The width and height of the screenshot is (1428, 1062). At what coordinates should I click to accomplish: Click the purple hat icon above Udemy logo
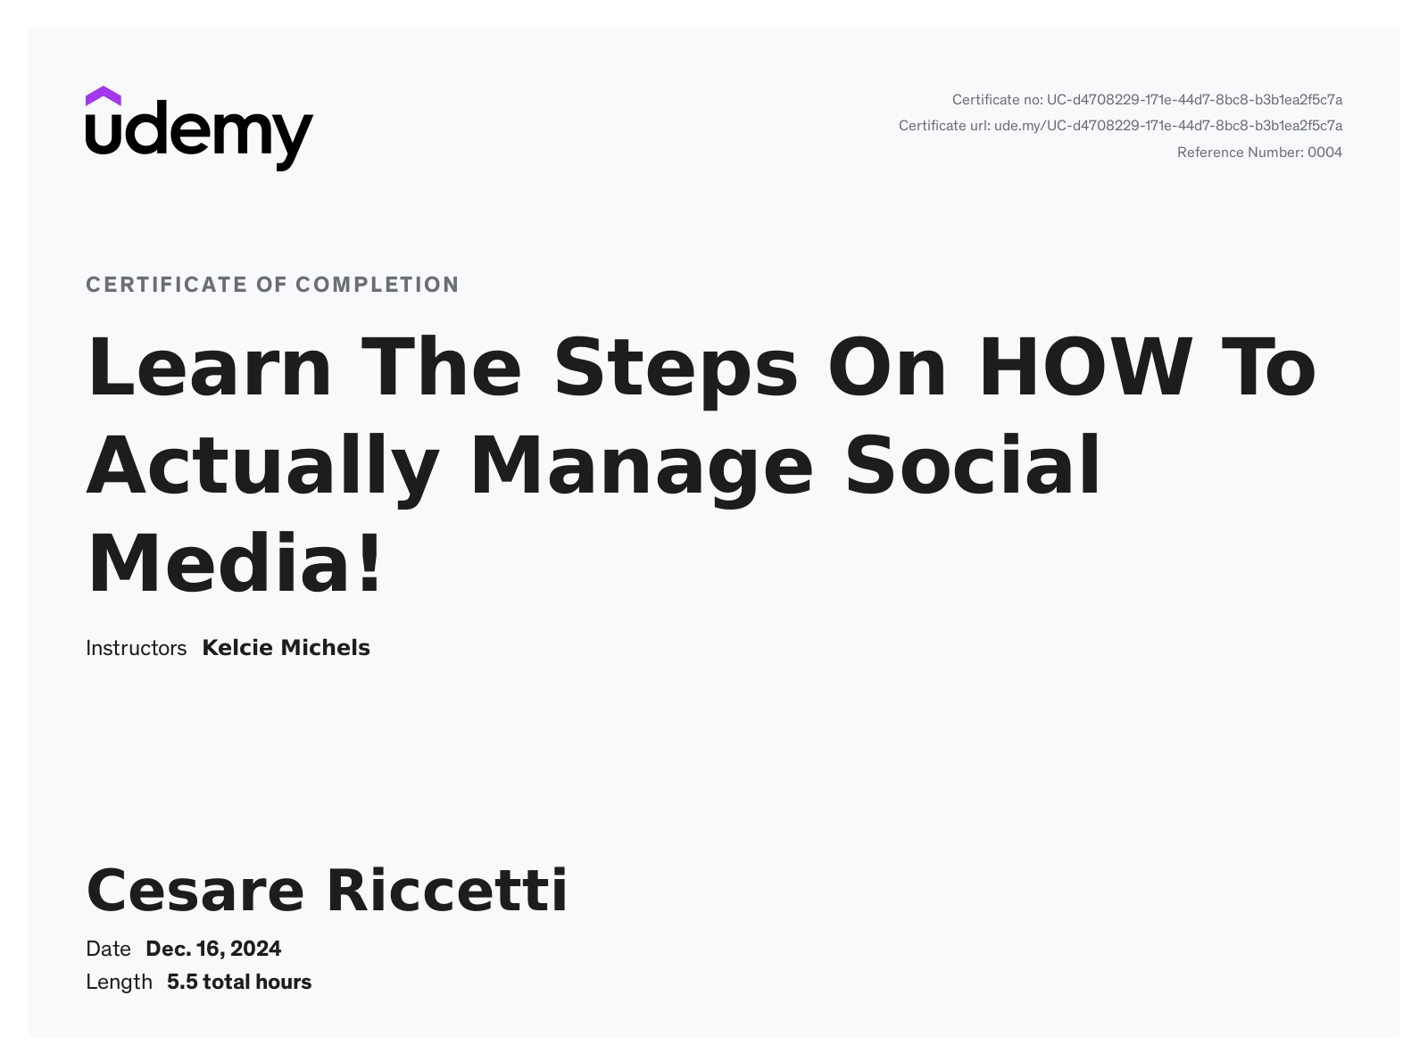pyautogui.click(x=103, y=96)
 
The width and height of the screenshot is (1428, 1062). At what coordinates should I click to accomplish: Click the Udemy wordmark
pyautogui.click(x=200, y=136)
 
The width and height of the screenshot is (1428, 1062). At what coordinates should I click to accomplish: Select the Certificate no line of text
pyautogui.click(x=1147, y=100)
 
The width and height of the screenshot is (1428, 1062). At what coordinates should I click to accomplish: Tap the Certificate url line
pyautogui.click(x=1120, y=126)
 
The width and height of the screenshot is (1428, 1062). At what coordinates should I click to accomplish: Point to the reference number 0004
pyautogui.click(x=1325, y=153)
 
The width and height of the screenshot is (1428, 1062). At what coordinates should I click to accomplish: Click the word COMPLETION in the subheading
pyautogui.click(x=378, y=285)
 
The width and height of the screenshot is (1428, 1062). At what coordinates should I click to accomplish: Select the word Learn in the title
pyautogui.click(x=209, y=367)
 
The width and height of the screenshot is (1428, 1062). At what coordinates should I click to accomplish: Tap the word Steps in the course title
pyautogui.click(x=676, y=370)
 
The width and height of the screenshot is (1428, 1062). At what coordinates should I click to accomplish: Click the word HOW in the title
pyautogui.click(x=1085, y=367)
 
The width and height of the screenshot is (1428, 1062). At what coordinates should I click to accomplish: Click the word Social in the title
pyautogui.click(x=972, y=465)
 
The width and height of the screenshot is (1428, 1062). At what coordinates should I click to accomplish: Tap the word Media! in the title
pyautogui.click(x=235, y=563)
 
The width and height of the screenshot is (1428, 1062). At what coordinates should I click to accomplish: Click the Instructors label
pyautogui.click(x=136, y=648)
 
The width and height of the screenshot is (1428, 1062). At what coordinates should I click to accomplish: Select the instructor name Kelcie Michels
pyautogui.click(x=286, y=647)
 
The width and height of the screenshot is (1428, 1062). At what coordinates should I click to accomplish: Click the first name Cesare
pyautogui.click(x=195, y=891)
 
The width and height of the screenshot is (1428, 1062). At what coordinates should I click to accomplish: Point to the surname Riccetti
pyautogui.click(x=447, y=890)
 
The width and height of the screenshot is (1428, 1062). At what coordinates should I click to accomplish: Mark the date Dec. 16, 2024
pyautogui.click(x=213, y=949)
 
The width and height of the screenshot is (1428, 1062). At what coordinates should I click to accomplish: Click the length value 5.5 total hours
pyautogui.click(x=239, y=982)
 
